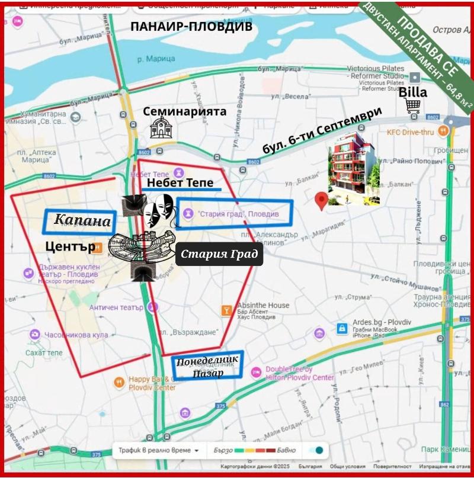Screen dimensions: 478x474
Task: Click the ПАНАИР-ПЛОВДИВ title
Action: [191, 27]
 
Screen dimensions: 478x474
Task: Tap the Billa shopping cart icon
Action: [413, 106]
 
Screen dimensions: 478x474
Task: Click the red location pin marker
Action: [322, 201]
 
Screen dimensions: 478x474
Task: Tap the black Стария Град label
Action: [219, 255]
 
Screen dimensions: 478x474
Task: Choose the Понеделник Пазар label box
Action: [207, 365]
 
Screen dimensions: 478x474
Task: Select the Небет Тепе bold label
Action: [180, 183]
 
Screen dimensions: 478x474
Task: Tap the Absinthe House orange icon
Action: [226, 310]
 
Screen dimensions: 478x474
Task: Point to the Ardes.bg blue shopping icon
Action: [341, 328]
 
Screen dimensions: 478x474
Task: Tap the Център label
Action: [70, 245]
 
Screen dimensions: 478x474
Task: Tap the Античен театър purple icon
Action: [153, 307]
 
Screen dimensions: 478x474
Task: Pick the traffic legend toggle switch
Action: [316, 450]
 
